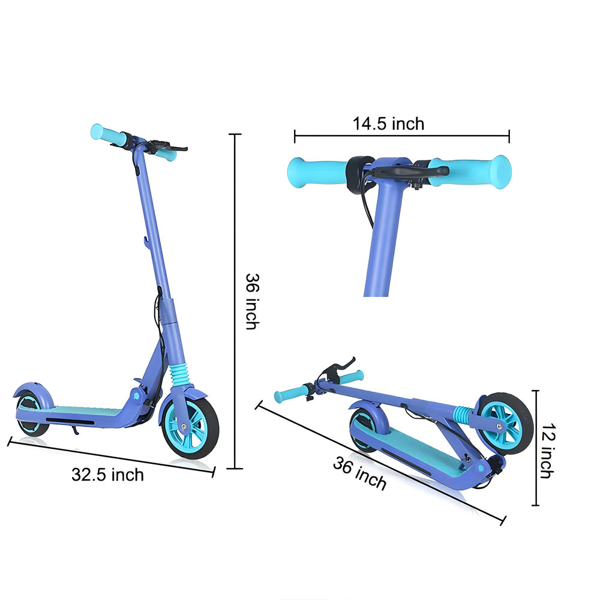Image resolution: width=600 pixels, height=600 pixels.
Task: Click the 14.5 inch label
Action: [x=388, y=124]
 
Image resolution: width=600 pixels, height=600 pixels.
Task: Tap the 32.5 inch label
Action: [x=108, y=475]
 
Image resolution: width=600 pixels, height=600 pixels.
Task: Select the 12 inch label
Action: [x=547, y=450]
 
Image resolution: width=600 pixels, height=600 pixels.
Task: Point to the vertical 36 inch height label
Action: [x=252, y=301]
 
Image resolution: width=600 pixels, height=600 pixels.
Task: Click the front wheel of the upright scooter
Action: [x=191, y=426]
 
